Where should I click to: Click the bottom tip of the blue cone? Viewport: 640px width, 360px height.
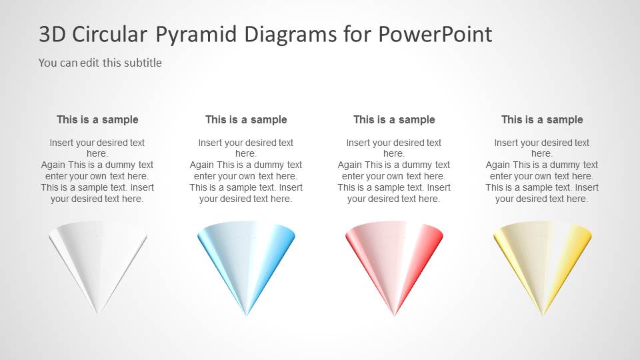(x=246, y=313)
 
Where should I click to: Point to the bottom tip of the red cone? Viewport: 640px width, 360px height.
(x=394, y=314)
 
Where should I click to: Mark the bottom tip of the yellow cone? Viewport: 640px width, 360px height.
(x=542, y=314)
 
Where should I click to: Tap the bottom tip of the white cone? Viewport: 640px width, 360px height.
(x=98, y=313)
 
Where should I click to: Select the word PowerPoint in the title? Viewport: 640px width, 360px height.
(x=436, y=35)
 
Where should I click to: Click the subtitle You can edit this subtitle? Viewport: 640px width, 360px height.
(x=100, y=63)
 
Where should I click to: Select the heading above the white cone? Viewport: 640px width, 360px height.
(x=97, y=120)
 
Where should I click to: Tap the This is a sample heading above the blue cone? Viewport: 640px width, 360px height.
(x=246, y=120)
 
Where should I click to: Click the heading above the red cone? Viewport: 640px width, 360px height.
(x=394, y=120)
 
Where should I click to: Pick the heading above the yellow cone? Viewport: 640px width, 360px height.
(x=542, y=120)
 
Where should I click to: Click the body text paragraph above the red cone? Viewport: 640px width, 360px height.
(x=394, y=171)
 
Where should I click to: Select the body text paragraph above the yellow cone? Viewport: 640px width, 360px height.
(x=542, y=171)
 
